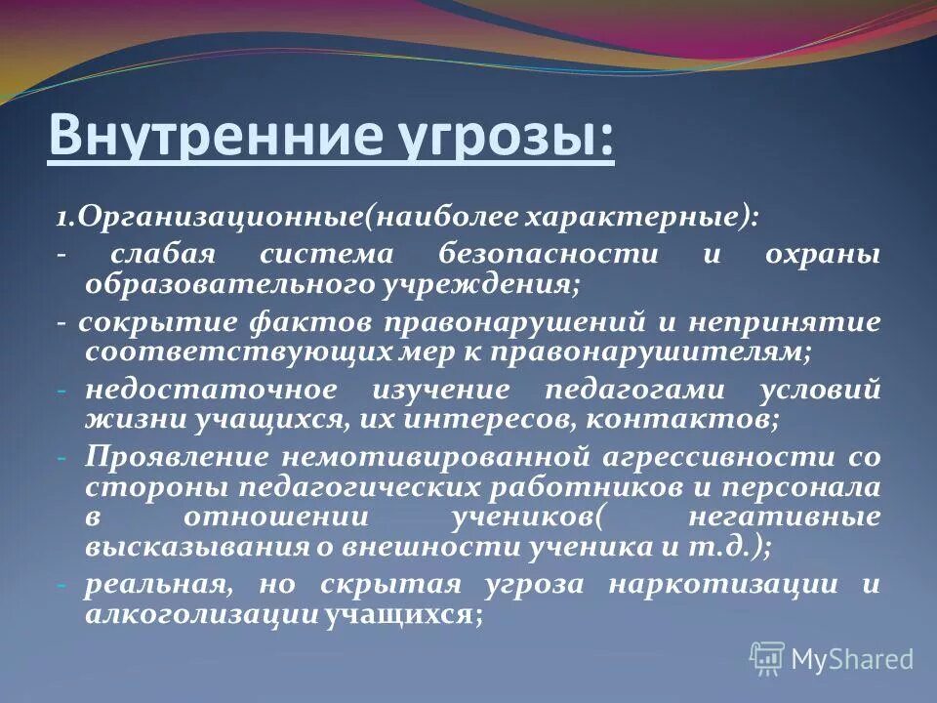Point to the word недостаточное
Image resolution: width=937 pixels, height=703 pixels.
(x=197, y=390)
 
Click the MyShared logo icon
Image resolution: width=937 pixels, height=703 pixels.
(x=766, y=659)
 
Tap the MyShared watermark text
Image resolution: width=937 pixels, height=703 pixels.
(x=851, y=660)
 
